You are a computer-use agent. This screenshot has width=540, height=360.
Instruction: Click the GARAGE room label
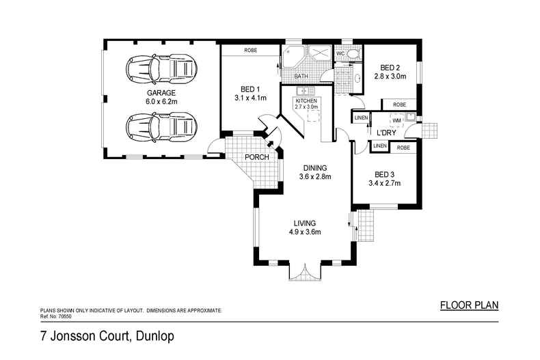(x=161, y=93)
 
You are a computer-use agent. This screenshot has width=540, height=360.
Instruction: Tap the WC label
(x=340, y=53)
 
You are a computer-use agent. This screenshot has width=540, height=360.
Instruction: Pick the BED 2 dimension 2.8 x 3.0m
(x=390, y=77)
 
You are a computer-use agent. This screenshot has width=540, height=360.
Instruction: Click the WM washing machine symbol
(x=396, y=120)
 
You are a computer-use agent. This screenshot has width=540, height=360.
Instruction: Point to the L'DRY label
(x=388, y=133)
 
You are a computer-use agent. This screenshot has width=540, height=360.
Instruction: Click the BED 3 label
(x=383, y=174)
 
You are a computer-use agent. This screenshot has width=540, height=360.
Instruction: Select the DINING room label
(x=315, y=168)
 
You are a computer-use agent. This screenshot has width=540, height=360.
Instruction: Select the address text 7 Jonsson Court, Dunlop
(x=107, y=336)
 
